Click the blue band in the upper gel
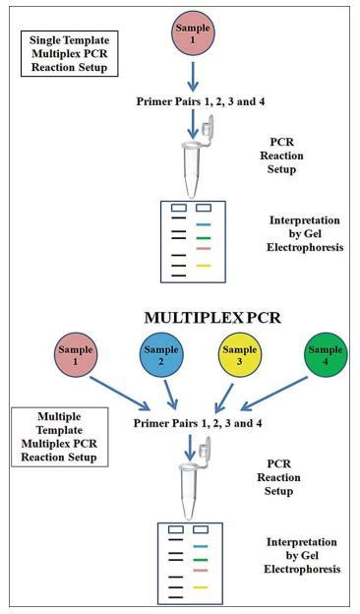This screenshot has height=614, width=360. (x=204, y=225)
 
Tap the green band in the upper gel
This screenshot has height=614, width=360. (x=204, y=238)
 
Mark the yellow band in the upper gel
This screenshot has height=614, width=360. (x=204, y=266)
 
